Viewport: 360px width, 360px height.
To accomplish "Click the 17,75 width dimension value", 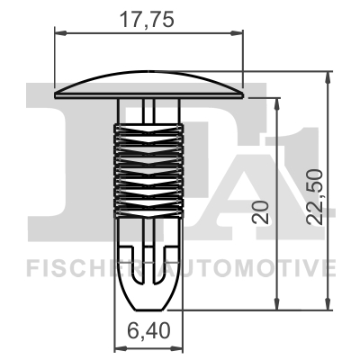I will click(148, 16).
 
